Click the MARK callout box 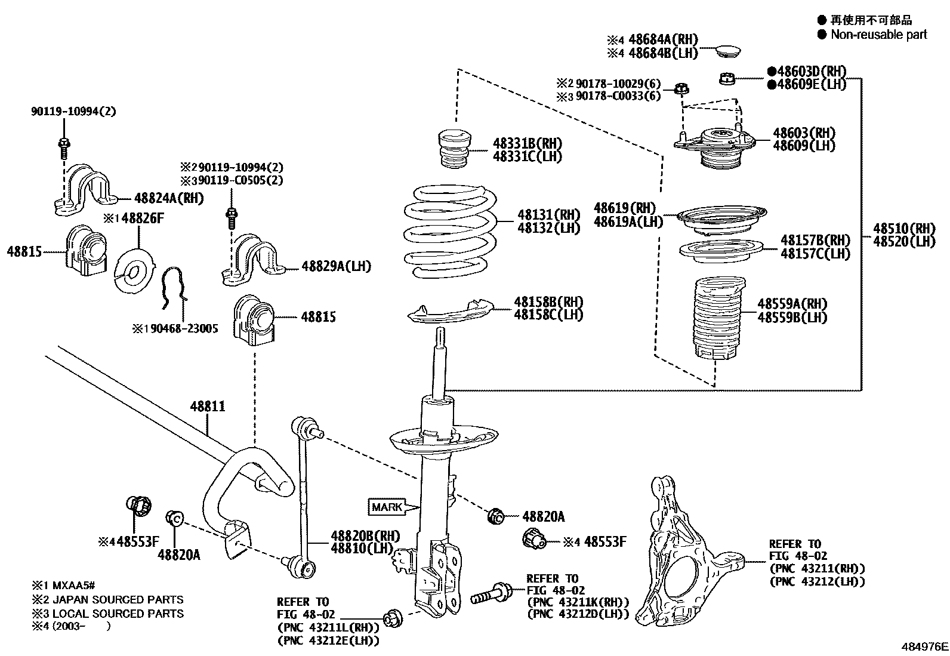(x=387, y=507)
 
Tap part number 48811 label (x=208, y=406)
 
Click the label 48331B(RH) (x=528, y=144)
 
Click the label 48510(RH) (x=903, y=228)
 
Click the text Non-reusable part (x=878, y=35)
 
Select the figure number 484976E (x=924, y=646)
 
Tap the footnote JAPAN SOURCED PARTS (x=118, y=599)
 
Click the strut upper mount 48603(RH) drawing (x=714, y=146)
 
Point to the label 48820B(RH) (x=365, y=535)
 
